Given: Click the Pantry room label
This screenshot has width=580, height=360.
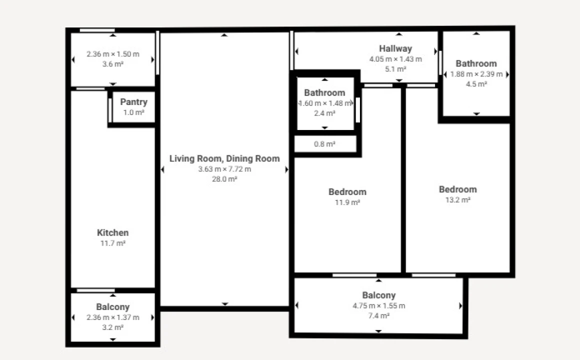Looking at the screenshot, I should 133,102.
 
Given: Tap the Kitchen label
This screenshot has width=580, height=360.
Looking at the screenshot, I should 112,232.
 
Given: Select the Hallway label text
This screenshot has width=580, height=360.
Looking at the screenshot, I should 395,48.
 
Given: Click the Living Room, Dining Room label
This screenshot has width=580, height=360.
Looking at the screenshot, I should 224,158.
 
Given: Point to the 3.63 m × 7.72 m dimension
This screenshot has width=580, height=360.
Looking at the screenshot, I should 224,169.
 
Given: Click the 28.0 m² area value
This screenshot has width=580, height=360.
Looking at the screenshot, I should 224,179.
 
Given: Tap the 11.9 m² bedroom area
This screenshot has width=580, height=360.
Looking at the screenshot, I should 347,202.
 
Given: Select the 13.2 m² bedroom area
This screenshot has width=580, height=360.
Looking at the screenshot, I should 458,200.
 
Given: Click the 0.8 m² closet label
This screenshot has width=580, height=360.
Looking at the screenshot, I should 324,144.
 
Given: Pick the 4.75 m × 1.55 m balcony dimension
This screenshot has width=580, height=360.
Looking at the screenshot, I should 378,306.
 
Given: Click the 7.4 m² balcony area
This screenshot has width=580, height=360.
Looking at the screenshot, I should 378,316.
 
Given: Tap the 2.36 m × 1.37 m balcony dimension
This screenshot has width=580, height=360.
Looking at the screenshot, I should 112,317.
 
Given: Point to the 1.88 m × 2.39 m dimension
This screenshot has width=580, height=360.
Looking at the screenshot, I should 476,74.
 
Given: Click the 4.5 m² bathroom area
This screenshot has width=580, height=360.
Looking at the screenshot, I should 476,84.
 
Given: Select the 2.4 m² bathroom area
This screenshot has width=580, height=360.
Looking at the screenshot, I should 324,113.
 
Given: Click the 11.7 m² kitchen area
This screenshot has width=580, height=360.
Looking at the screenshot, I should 112,243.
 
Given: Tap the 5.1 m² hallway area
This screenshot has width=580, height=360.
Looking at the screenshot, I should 395,69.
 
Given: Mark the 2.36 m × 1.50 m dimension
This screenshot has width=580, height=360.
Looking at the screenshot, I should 112,54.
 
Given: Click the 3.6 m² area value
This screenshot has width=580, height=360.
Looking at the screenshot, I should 112,64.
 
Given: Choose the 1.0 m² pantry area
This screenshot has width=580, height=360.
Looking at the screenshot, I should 133,112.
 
